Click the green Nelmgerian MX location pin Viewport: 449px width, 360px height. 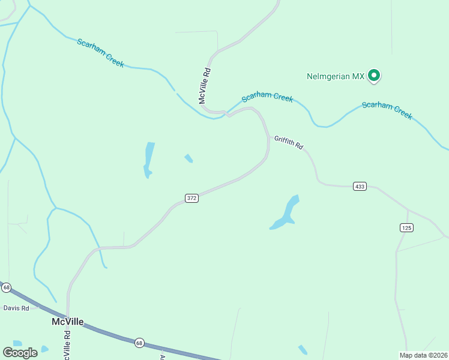(x=375, y=76)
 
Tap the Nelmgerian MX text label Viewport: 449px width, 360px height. (x=336, y=77)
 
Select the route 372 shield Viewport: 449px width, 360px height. (x=191, y=198)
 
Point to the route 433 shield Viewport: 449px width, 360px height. (x=360, y=187)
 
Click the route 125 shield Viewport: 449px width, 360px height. (x=406, y=227)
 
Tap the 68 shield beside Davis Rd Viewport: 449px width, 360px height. (x=7, y=288)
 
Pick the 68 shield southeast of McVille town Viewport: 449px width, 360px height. (x=139, y=343)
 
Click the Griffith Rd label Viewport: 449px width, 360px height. (x=289, y=142)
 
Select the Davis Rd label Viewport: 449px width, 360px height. (x=16, y=308)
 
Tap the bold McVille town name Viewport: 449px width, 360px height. (x=67, y=322)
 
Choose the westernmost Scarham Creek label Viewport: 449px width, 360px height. (x=100, y=53)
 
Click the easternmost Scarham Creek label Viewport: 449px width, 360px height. (x=387, y=110)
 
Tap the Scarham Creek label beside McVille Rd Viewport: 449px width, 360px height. (x=267, y=97)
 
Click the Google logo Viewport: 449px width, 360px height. (x=20, y=353)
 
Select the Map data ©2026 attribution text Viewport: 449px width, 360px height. (x=423, y=355)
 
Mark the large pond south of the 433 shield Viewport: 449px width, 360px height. (x=285, y=214)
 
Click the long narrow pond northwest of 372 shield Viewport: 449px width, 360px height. (x=148, y=160)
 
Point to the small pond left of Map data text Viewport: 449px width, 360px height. (x=303, y=350)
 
